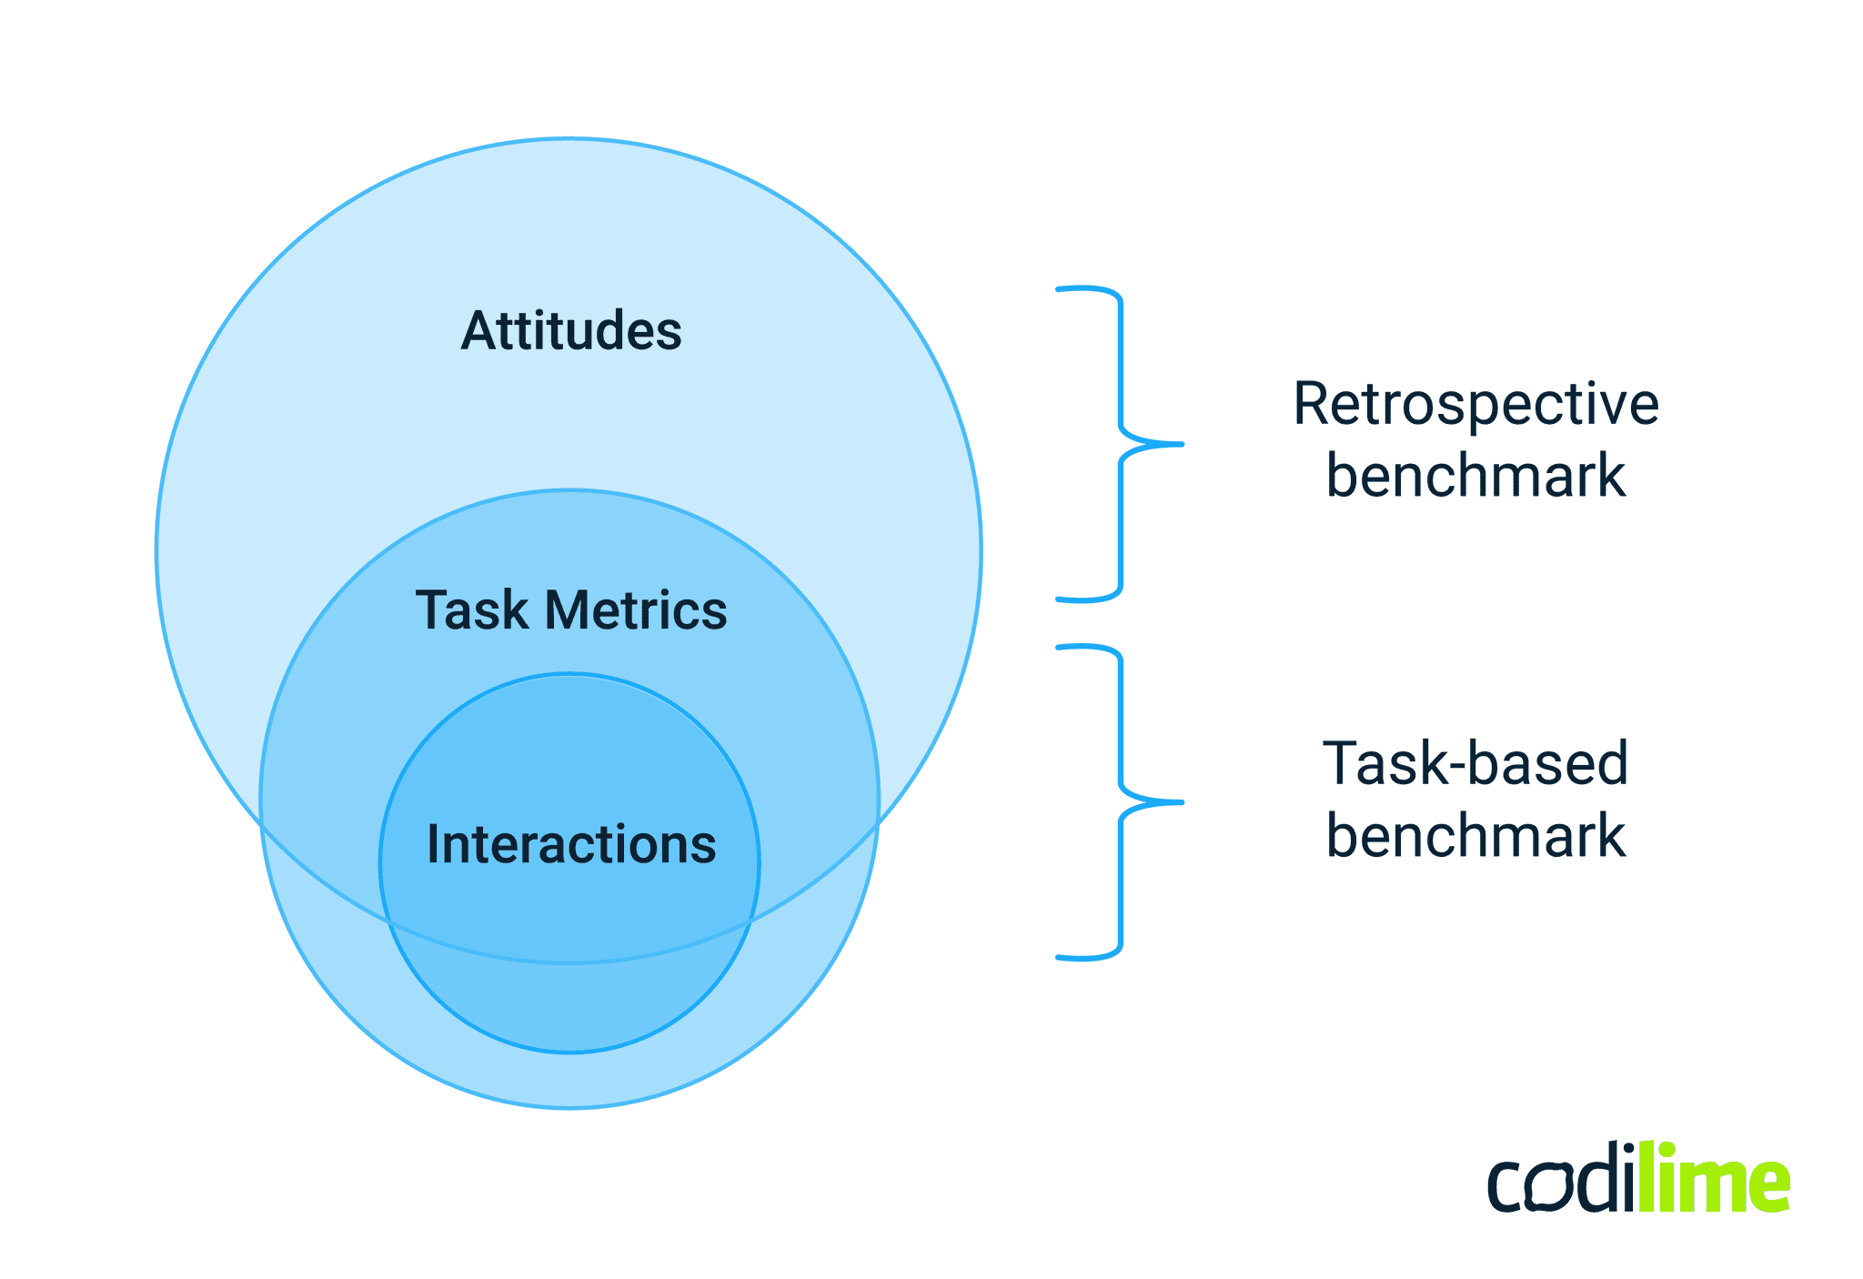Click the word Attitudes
571,330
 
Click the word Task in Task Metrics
471,609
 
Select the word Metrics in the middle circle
636,609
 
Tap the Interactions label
571,844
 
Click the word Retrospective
1475,405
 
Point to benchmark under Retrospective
1475,476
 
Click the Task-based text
1475,763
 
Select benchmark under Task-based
1475,835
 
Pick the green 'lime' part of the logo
1715,1180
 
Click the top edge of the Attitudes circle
569,139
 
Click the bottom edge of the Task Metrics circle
569,1107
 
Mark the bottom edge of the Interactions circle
569,1052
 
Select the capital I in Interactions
433,844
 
